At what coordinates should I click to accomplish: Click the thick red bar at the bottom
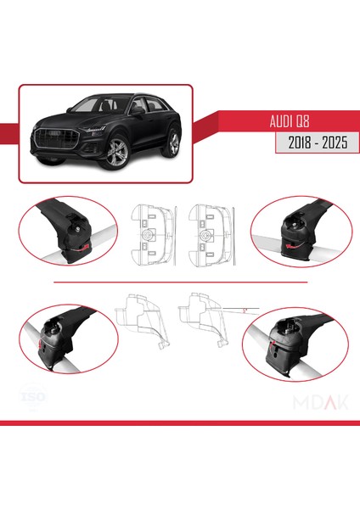(180, 422)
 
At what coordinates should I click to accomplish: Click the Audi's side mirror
(138, 110)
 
